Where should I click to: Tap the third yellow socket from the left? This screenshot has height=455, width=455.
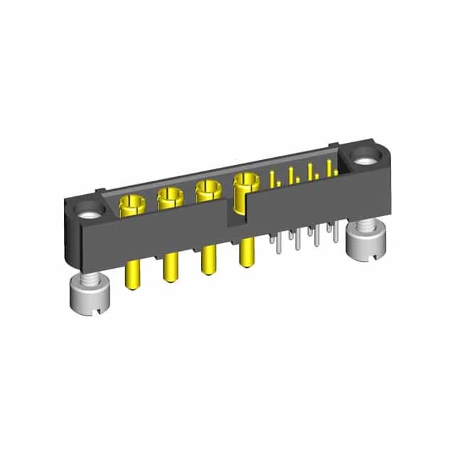coord(206,191)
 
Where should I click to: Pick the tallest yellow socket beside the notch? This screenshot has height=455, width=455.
coord(247,184)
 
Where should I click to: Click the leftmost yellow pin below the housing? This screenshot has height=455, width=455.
coord(132,273)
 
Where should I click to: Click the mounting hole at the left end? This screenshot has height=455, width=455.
coord(90,211)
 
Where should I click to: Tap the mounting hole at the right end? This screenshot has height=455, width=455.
coord(364,159)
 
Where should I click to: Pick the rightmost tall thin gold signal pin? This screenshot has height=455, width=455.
coord(328,168)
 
